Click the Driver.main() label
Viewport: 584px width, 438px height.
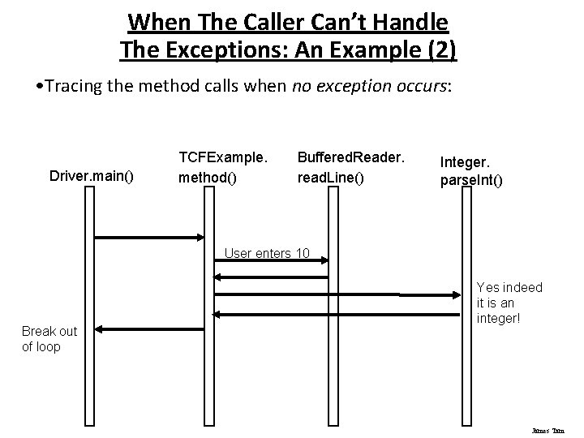94,174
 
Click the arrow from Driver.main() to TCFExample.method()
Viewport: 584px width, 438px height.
151,238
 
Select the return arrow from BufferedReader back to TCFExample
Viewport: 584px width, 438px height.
272,277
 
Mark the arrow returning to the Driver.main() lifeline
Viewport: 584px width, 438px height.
151,329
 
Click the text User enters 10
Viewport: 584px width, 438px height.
267,253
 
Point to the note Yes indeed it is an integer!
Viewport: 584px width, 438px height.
509,303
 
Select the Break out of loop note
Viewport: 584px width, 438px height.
49,339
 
